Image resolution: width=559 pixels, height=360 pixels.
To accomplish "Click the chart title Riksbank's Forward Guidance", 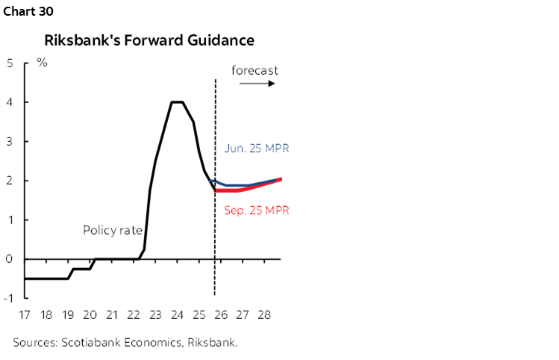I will [x=149, y=40].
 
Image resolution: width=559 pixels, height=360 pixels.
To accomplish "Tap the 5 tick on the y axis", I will [x=10, y=63].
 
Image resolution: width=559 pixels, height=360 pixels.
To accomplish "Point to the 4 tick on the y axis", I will [x=10, y=102].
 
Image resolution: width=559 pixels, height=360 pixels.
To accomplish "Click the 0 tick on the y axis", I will [x=10, y=259].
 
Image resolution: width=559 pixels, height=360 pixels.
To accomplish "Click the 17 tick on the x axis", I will [x=26, y=317].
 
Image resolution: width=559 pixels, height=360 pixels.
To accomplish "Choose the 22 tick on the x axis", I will [x=134, y=317].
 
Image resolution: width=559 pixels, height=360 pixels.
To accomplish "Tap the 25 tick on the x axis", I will [x=200, y=317].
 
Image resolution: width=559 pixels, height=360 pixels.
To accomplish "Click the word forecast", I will [x=254, y=70].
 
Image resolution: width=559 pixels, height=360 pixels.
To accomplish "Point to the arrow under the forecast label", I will [x=257, y=84].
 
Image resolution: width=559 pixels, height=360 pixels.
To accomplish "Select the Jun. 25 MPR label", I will [x=256, y=149].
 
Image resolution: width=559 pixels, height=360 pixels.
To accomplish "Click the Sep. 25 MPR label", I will [x=256, y=211].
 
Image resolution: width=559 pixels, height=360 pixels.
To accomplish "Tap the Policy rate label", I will [x=112, y=231].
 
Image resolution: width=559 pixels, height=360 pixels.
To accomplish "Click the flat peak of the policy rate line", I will [x=178, y=102].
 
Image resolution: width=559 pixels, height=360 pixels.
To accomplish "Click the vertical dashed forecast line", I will [x=215, y=239].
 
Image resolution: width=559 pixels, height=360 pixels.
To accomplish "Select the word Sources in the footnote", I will [x=34, y=343].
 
